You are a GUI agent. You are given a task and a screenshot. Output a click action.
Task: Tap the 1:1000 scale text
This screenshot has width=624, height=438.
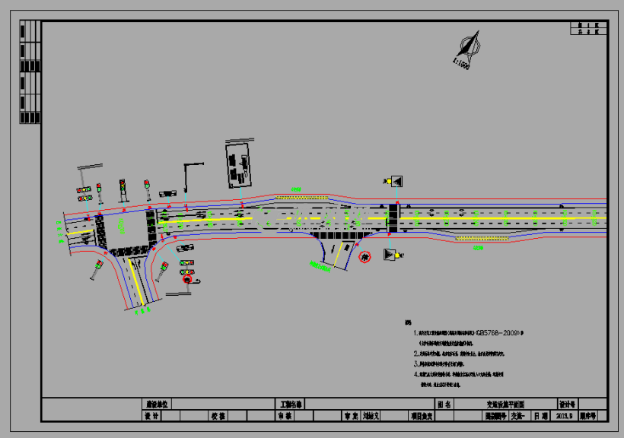461,64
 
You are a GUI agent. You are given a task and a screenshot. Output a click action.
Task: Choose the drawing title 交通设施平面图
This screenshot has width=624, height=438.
505,405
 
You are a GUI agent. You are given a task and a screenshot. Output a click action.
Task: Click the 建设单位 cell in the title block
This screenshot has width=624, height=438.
156,405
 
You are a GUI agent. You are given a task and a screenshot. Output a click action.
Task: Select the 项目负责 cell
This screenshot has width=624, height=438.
422,416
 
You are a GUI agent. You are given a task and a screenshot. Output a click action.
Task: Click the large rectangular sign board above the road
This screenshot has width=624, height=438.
240,164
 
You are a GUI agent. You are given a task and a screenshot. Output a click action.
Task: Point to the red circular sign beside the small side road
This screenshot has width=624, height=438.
365,258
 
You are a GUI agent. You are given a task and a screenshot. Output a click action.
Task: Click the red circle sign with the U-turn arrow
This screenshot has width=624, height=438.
187,280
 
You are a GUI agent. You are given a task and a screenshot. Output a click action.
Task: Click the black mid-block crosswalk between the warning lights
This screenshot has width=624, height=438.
393,218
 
